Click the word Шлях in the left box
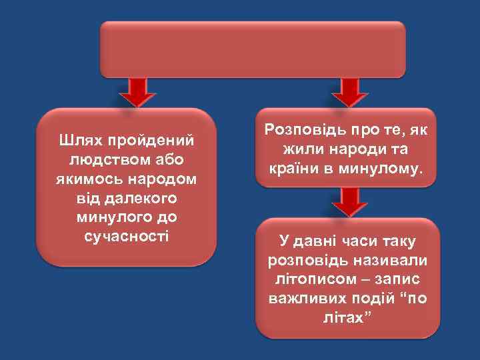point(79,141)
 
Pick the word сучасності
point(127,237)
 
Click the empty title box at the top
point(253,50)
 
